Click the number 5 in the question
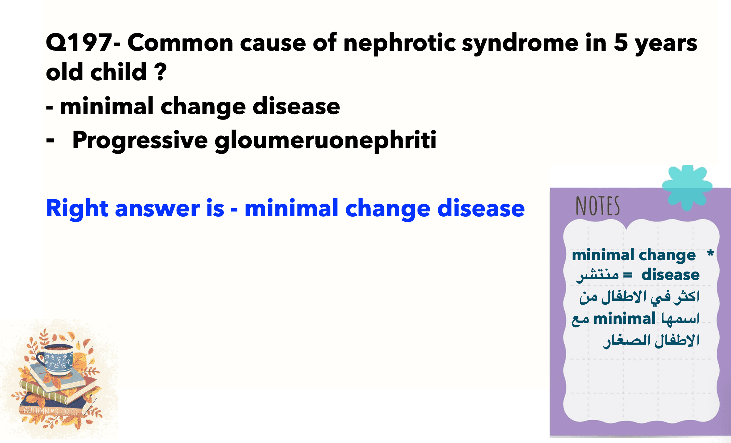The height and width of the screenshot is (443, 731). pos(620,43)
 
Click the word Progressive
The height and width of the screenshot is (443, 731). pos(140,141)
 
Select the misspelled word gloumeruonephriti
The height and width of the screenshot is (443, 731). pos(325,141)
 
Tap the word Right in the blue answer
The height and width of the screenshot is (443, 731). pos(77,209)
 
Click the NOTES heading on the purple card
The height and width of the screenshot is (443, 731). pos(598,206)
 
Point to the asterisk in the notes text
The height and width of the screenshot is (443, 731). pos(710,253)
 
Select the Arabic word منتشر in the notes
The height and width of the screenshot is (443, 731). pos(597,275)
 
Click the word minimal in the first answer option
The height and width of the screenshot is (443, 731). pos(107,106)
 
